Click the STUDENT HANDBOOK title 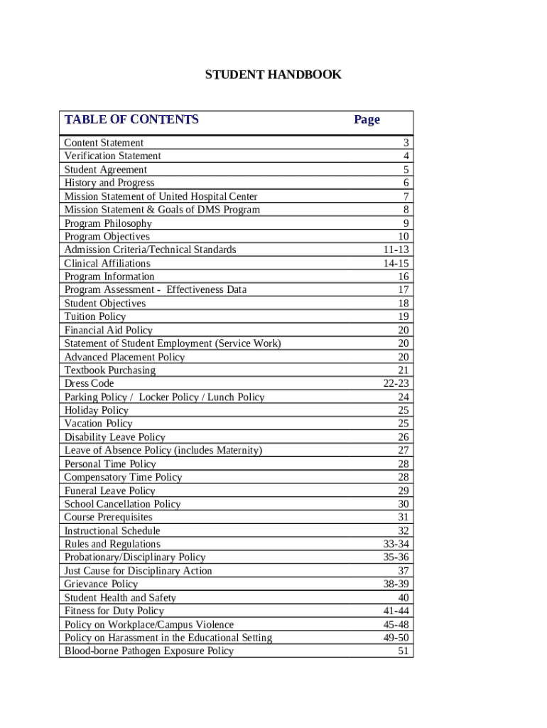coord(273,75)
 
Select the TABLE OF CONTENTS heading coord(131,119)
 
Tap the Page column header coord(367,119)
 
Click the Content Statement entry coord(104,142)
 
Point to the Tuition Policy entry coord(95,316)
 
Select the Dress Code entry coord(89,383)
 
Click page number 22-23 coord(396,383)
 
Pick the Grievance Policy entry coord(102,584)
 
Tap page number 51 coord(404,651)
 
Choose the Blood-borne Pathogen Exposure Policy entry coord(149,651)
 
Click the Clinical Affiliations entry coord(107,263)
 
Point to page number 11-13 coord(396,250)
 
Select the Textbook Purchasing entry coord(110,370)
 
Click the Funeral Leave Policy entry coord(110,491)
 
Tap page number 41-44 coord(396,611)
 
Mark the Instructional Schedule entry coord(112,530)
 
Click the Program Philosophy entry coord(108,223)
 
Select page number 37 coord(404,570)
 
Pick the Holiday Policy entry coord(97,410)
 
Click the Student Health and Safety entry coord(120,597)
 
